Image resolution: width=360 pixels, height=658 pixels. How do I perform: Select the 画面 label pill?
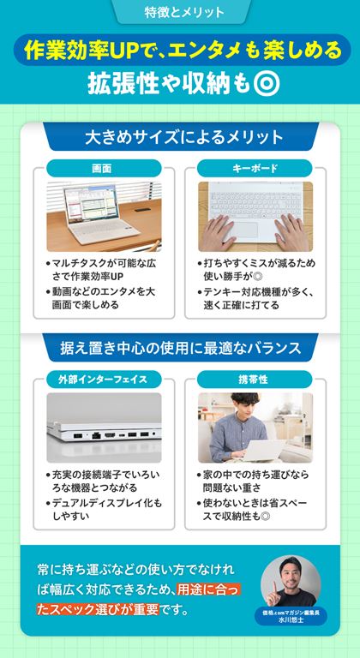pos(104,168)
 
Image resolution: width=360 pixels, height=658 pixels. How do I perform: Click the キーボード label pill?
pos(255,168)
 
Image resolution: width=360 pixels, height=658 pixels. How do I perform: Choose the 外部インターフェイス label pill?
pos(104,380)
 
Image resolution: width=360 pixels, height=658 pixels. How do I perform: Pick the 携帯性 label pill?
pos(255,380)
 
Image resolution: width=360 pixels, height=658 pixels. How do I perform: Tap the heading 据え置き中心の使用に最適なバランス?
pos(182,348)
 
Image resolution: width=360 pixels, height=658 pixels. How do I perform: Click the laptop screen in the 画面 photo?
pos(89,203)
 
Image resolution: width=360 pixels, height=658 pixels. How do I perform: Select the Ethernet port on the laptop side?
pos(96,434)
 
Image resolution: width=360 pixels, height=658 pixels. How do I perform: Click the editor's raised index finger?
pos(275,587)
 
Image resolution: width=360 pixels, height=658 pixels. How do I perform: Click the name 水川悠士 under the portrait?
pos(291,620)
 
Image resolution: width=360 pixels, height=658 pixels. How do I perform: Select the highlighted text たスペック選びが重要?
pos(97,609)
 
